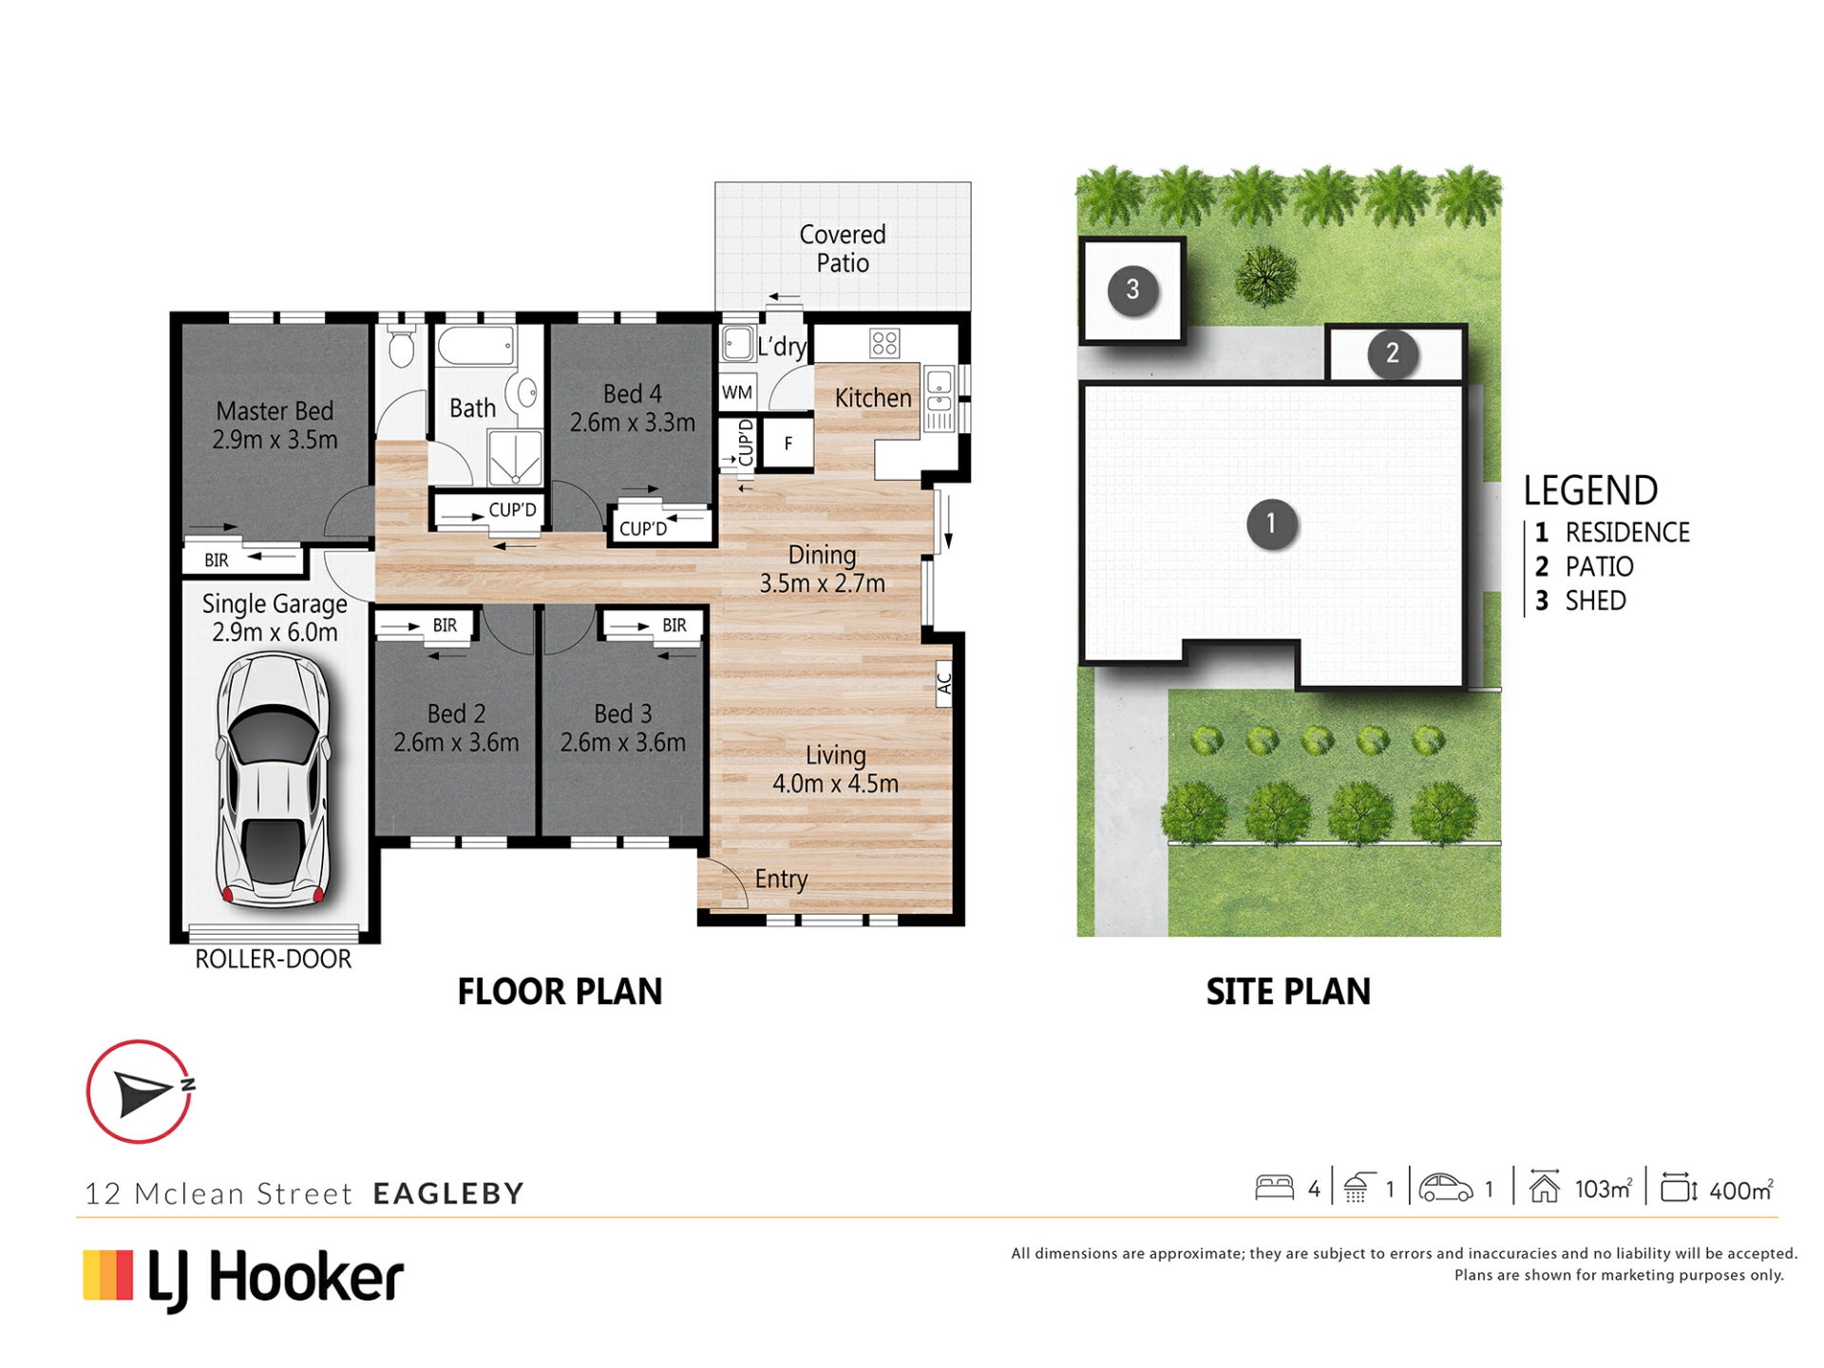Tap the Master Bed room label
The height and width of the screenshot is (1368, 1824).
click(x=275, y=425)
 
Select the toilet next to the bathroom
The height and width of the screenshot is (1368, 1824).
click(x=403, y=346)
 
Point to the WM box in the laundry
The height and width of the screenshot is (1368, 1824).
click(x=737, y=392)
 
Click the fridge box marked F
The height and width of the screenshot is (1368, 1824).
click(x=788, y=443)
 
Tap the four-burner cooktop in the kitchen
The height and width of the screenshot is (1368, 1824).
click(x=884, y=343)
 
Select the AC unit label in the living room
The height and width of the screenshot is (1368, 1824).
click(x=944, y=683)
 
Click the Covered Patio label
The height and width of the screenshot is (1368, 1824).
click(x=843, y=248)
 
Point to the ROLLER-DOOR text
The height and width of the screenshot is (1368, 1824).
click(x=274, y=959)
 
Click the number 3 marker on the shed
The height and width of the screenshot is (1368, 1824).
click(x=1132, y=289)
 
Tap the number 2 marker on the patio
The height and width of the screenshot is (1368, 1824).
click(x=1393, y=353)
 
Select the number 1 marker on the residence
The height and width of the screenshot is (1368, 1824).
click(x=1271, y=523)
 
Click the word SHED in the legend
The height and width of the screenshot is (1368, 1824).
click(x=1596, y=600)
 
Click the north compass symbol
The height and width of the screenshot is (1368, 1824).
click(x=140, y=1092)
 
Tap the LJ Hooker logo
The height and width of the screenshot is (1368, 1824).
click(x=244, y=1278)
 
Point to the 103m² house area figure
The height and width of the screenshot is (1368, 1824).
click(x=1604, y=1188)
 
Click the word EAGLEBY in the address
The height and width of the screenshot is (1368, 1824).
click(x=448, y=1193)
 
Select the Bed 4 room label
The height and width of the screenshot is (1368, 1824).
click(x=633, y=408)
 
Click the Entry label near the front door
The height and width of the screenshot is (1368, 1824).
click(x=781, y=880)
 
